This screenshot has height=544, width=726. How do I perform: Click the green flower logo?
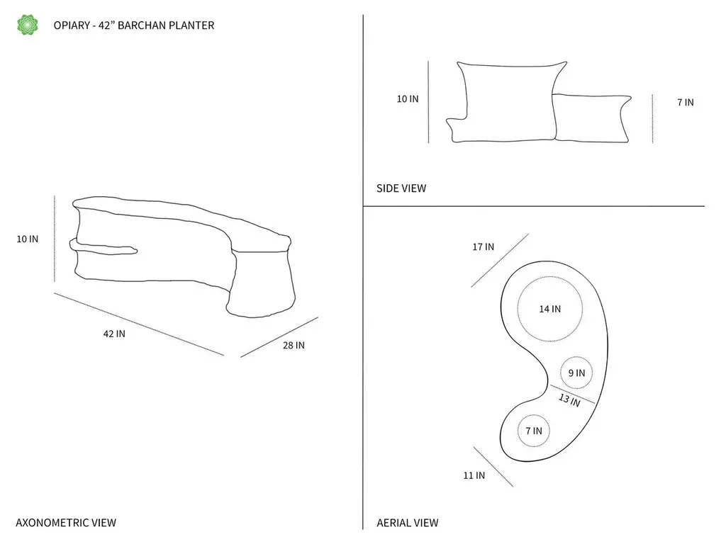click(x=28, y=25)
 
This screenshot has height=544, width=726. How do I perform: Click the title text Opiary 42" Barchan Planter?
click(x=134, y=25)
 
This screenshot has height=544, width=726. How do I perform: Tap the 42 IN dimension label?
click(x=114, y=334)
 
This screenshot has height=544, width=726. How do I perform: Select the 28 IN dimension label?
click(x=294, y=345)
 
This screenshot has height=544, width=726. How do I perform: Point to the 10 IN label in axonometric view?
click(x=28, y=239)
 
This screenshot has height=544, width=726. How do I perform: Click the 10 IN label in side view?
click(x=408, y=99)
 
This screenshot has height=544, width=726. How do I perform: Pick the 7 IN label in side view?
click(x=686, y=102)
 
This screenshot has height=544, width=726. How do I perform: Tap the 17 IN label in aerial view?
click(x=483, y=247)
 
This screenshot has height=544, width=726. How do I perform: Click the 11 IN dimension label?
click(x=474, y=475)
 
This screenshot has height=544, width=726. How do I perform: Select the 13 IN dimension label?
click(x=569, y=399)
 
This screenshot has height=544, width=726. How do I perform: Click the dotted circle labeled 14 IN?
click(x=550, y=277)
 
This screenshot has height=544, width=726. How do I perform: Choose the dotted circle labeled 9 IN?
click(x=576, y=357)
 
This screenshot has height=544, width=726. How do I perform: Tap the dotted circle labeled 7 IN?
click(x=534, y=415)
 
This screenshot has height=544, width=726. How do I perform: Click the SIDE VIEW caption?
click(x=401, y=188)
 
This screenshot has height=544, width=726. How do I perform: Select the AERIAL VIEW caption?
click(x=408, y=523)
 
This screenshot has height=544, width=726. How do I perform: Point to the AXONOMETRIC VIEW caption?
click(x=66, y=523)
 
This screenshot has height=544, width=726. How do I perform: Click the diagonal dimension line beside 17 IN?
click(x=500, y=261)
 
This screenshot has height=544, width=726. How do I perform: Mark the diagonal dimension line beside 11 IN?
click(x=493, y=467)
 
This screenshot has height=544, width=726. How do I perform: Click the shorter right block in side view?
click(x=592, y=118)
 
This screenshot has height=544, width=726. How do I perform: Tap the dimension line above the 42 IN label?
click(x=139, y=324)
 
